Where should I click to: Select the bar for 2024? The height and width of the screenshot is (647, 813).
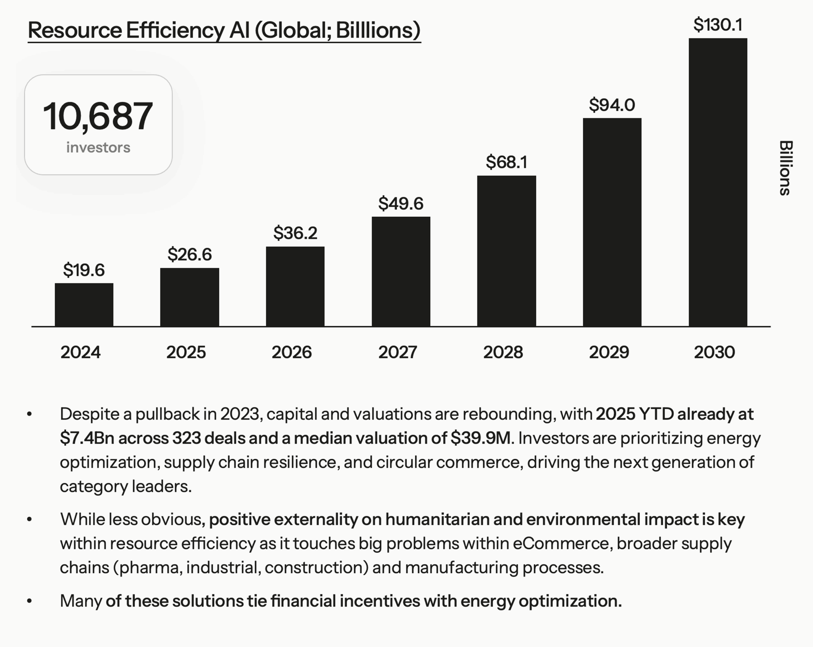pos(84,305)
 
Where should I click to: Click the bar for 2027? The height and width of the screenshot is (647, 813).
pos(401,271)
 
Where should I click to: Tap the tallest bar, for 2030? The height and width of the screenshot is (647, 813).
pos(718,182)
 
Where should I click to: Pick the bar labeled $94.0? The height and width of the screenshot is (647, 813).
pos(612,222)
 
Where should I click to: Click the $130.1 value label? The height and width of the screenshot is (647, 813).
pos(718,25)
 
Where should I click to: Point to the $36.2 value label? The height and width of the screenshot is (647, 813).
pos(295,233)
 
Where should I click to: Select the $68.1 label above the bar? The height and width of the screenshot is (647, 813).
pos(507,162)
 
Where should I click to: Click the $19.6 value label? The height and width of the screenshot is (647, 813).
pos(84,270)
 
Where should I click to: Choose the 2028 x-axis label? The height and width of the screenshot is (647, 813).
pos(503,352)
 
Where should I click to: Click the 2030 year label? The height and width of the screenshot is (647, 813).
pos(714,352)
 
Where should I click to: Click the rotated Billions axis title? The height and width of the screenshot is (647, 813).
pos(785,168)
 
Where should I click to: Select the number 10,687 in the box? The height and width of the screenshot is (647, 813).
pos(98,116)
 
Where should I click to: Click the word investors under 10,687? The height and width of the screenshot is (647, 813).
pos(98,147)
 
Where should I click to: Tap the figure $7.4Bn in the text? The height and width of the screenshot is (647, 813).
pos(87,438)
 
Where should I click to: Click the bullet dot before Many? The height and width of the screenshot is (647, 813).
pos(30,601)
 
